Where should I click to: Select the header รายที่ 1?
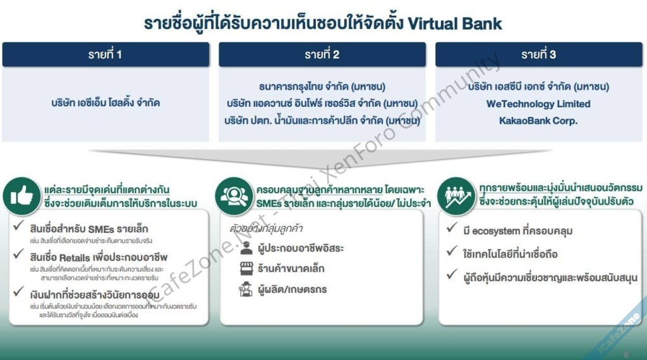[x=105, y=54]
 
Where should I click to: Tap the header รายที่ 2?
[x=322, y=54]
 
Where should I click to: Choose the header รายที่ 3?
[x=538, y=54]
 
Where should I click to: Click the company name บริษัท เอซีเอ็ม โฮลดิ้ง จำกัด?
[x=106, y=102]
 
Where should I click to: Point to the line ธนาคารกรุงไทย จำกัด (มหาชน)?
[x=322, y=87]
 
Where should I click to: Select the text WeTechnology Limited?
[x=538, y=104]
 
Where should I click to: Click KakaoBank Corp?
[x=538, y=120]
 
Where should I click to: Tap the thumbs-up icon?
[x=21, y=195]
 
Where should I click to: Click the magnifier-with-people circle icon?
[x=234, y=195]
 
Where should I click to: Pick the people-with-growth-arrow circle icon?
[x=456, y=195]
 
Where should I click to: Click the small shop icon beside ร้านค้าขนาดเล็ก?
[x=246, y=268]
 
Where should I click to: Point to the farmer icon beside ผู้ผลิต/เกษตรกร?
[x=246, y=290]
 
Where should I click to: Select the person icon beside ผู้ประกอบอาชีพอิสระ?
[x=246, y=247]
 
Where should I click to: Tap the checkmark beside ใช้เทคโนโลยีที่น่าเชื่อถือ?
[x=451, y=253]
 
